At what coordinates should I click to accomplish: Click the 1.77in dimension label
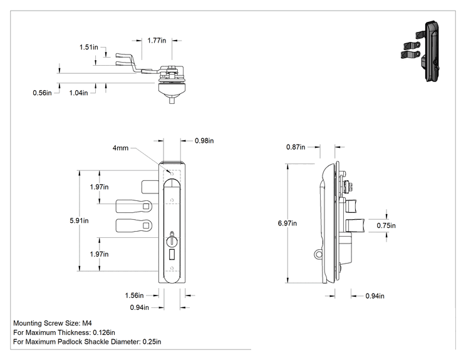click(157, 41)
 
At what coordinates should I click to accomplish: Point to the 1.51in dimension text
click(88, 47)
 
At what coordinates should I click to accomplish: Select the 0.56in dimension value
click(42, 93)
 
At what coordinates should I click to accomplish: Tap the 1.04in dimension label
click(78, 93)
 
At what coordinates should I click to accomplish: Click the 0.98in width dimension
click(204, 141)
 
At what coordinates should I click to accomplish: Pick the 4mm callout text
click(120, 148)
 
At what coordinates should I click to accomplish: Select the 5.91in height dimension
click(79, 220)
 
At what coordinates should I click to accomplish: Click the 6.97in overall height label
click(287, 224)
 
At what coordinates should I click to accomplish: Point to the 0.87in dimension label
click(296, 147)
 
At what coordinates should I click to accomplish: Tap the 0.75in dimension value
click(386, 226)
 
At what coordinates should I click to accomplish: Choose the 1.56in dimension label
click(134, 296)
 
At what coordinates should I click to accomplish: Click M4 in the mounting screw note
click(87, 323)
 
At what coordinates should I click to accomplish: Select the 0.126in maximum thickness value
click(104, 332)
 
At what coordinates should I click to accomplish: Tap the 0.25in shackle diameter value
click(152, 342)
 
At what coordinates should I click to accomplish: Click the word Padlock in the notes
click(70, 342)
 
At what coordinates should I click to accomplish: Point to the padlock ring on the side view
click(318, 254)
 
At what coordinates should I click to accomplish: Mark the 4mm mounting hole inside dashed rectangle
click(172, 173)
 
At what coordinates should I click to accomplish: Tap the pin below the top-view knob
click(172, 100)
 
